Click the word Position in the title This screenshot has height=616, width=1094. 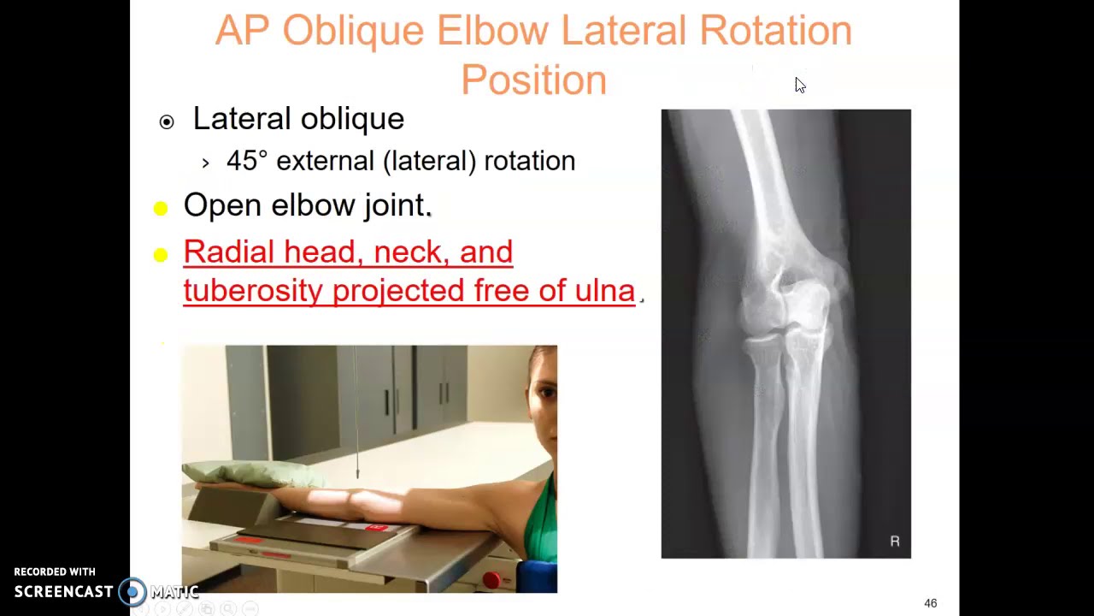(x=533, y=80)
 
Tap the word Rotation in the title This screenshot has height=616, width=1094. (x=775, y=32)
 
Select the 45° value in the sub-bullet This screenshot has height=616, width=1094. (x=247, y=161)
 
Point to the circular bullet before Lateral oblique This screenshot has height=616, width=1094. (x=167, y=122)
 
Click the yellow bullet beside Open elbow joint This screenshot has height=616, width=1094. (x=161, y=209)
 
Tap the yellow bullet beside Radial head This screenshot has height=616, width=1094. (x=161, y=255)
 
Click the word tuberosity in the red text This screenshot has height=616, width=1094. (x=254, y=291)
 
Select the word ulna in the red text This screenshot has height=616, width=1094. (x=604, y=291)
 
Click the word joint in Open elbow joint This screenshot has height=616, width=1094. (x=394, y=205)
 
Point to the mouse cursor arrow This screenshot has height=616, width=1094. (x=799, y=85)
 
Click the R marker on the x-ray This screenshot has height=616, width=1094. (x=895, y=541)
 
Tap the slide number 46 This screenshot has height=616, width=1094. (x=930, y=603)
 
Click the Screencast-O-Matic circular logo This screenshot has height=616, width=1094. (x=132, y=591)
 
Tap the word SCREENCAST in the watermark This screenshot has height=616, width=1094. (x=63, y=592)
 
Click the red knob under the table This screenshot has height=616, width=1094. (x=491, y=580)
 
